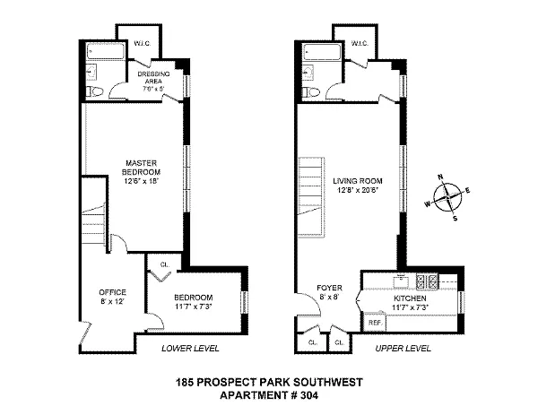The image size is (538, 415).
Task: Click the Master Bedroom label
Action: click(141, 172)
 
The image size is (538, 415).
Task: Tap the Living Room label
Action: click(358, 186)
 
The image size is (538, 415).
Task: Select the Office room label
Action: click(113, 297)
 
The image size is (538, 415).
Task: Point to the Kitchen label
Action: click(410, 302)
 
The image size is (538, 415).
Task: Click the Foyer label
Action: click(329, 292)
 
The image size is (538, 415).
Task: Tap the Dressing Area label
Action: click(153, 82)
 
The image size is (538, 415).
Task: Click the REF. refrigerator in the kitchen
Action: click(375, 322)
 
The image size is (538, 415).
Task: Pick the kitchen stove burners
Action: click(427, 281)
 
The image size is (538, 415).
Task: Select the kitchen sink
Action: click(401, 281)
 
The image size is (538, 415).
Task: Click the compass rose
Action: click(447, 197)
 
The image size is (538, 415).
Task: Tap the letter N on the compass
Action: click(440, 177)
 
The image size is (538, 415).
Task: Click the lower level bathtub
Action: click(105, 51)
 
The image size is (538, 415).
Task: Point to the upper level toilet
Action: click(311, 91)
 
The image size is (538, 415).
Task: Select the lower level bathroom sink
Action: click(91, 72)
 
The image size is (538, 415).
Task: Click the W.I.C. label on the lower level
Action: click(142, 44)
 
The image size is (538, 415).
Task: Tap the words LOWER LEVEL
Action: click(190, 349)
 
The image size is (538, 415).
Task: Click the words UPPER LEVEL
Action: click(403, 349)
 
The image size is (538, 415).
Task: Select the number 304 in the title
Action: click(309, 395)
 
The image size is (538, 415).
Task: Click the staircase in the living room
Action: click(311, 197)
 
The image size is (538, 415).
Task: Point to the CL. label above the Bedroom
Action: click(165, 264)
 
